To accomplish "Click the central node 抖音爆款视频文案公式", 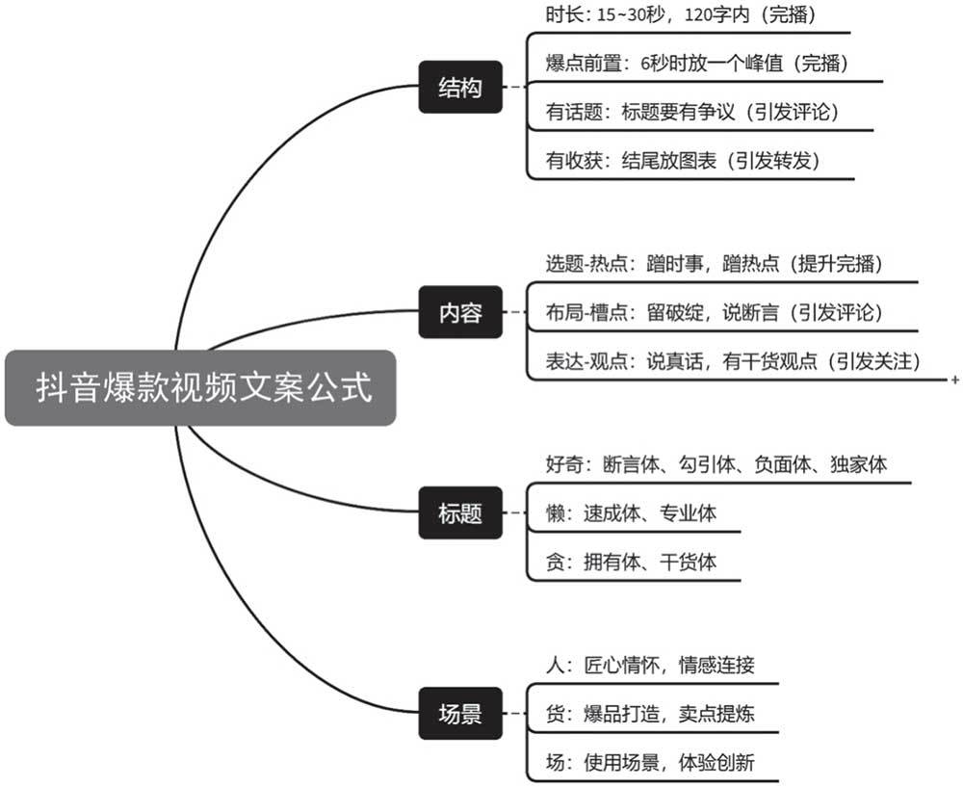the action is click(200, 387).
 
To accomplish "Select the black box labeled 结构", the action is click(460, 88).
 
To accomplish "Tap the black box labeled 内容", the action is click(460, 312).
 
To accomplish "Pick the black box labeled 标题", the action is click(460, 513).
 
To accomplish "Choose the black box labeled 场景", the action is click(460, 713).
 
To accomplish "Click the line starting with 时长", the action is click(681, 14).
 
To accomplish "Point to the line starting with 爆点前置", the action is click(697, 63).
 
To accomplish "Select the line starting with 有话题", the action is click(692, 112).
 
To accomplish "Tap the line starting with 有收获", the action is click(683, 161).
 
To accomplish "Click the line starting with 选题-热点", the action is click(714, 264).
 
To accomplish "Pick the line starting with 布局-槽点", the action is click(714, 313).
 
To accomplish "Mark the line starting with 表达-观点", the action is click(733, 361).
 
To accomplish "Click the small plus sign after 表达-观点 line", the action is click(955, 380).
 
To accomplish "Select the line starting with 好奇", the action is click(716, 464).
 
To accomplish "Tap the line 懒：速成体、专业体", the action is click(631, 513).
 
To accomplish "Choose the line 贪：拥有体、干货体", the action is click(631, 562).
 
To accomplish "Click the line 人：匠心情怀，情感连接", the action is click(650, 665).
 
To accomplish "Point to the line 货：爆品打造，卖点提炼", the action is click(650, 714).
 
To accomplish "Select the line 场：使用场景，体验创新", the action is click(650, 762).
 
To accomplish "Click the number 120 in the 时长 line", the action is click(698, 14).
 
